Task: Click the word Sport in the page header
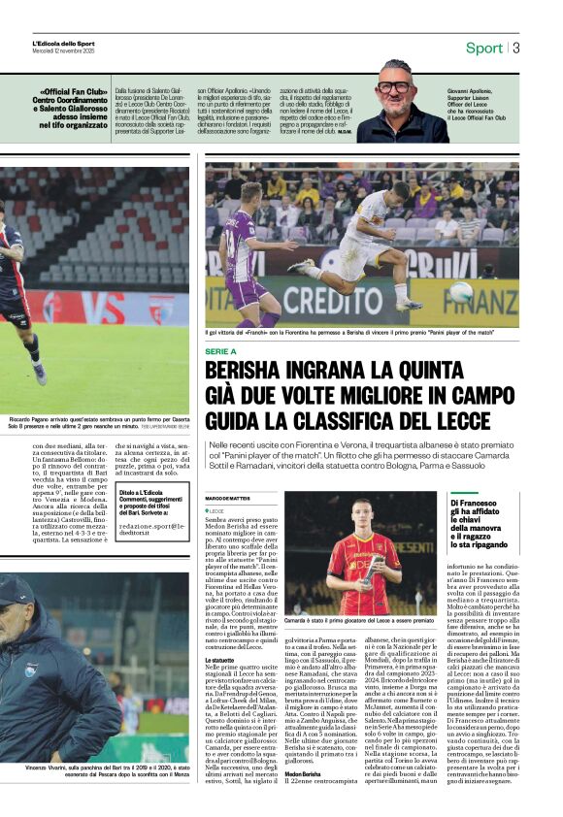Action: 484,48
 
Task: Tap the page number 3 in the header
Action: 516,48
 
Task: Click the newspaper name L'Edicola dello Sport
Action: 64,44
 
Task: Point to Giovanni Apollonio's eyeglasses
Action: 393,86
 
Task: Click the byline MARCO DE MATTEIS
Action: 228,498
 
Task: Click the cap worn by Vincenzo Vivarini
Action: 15,591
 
